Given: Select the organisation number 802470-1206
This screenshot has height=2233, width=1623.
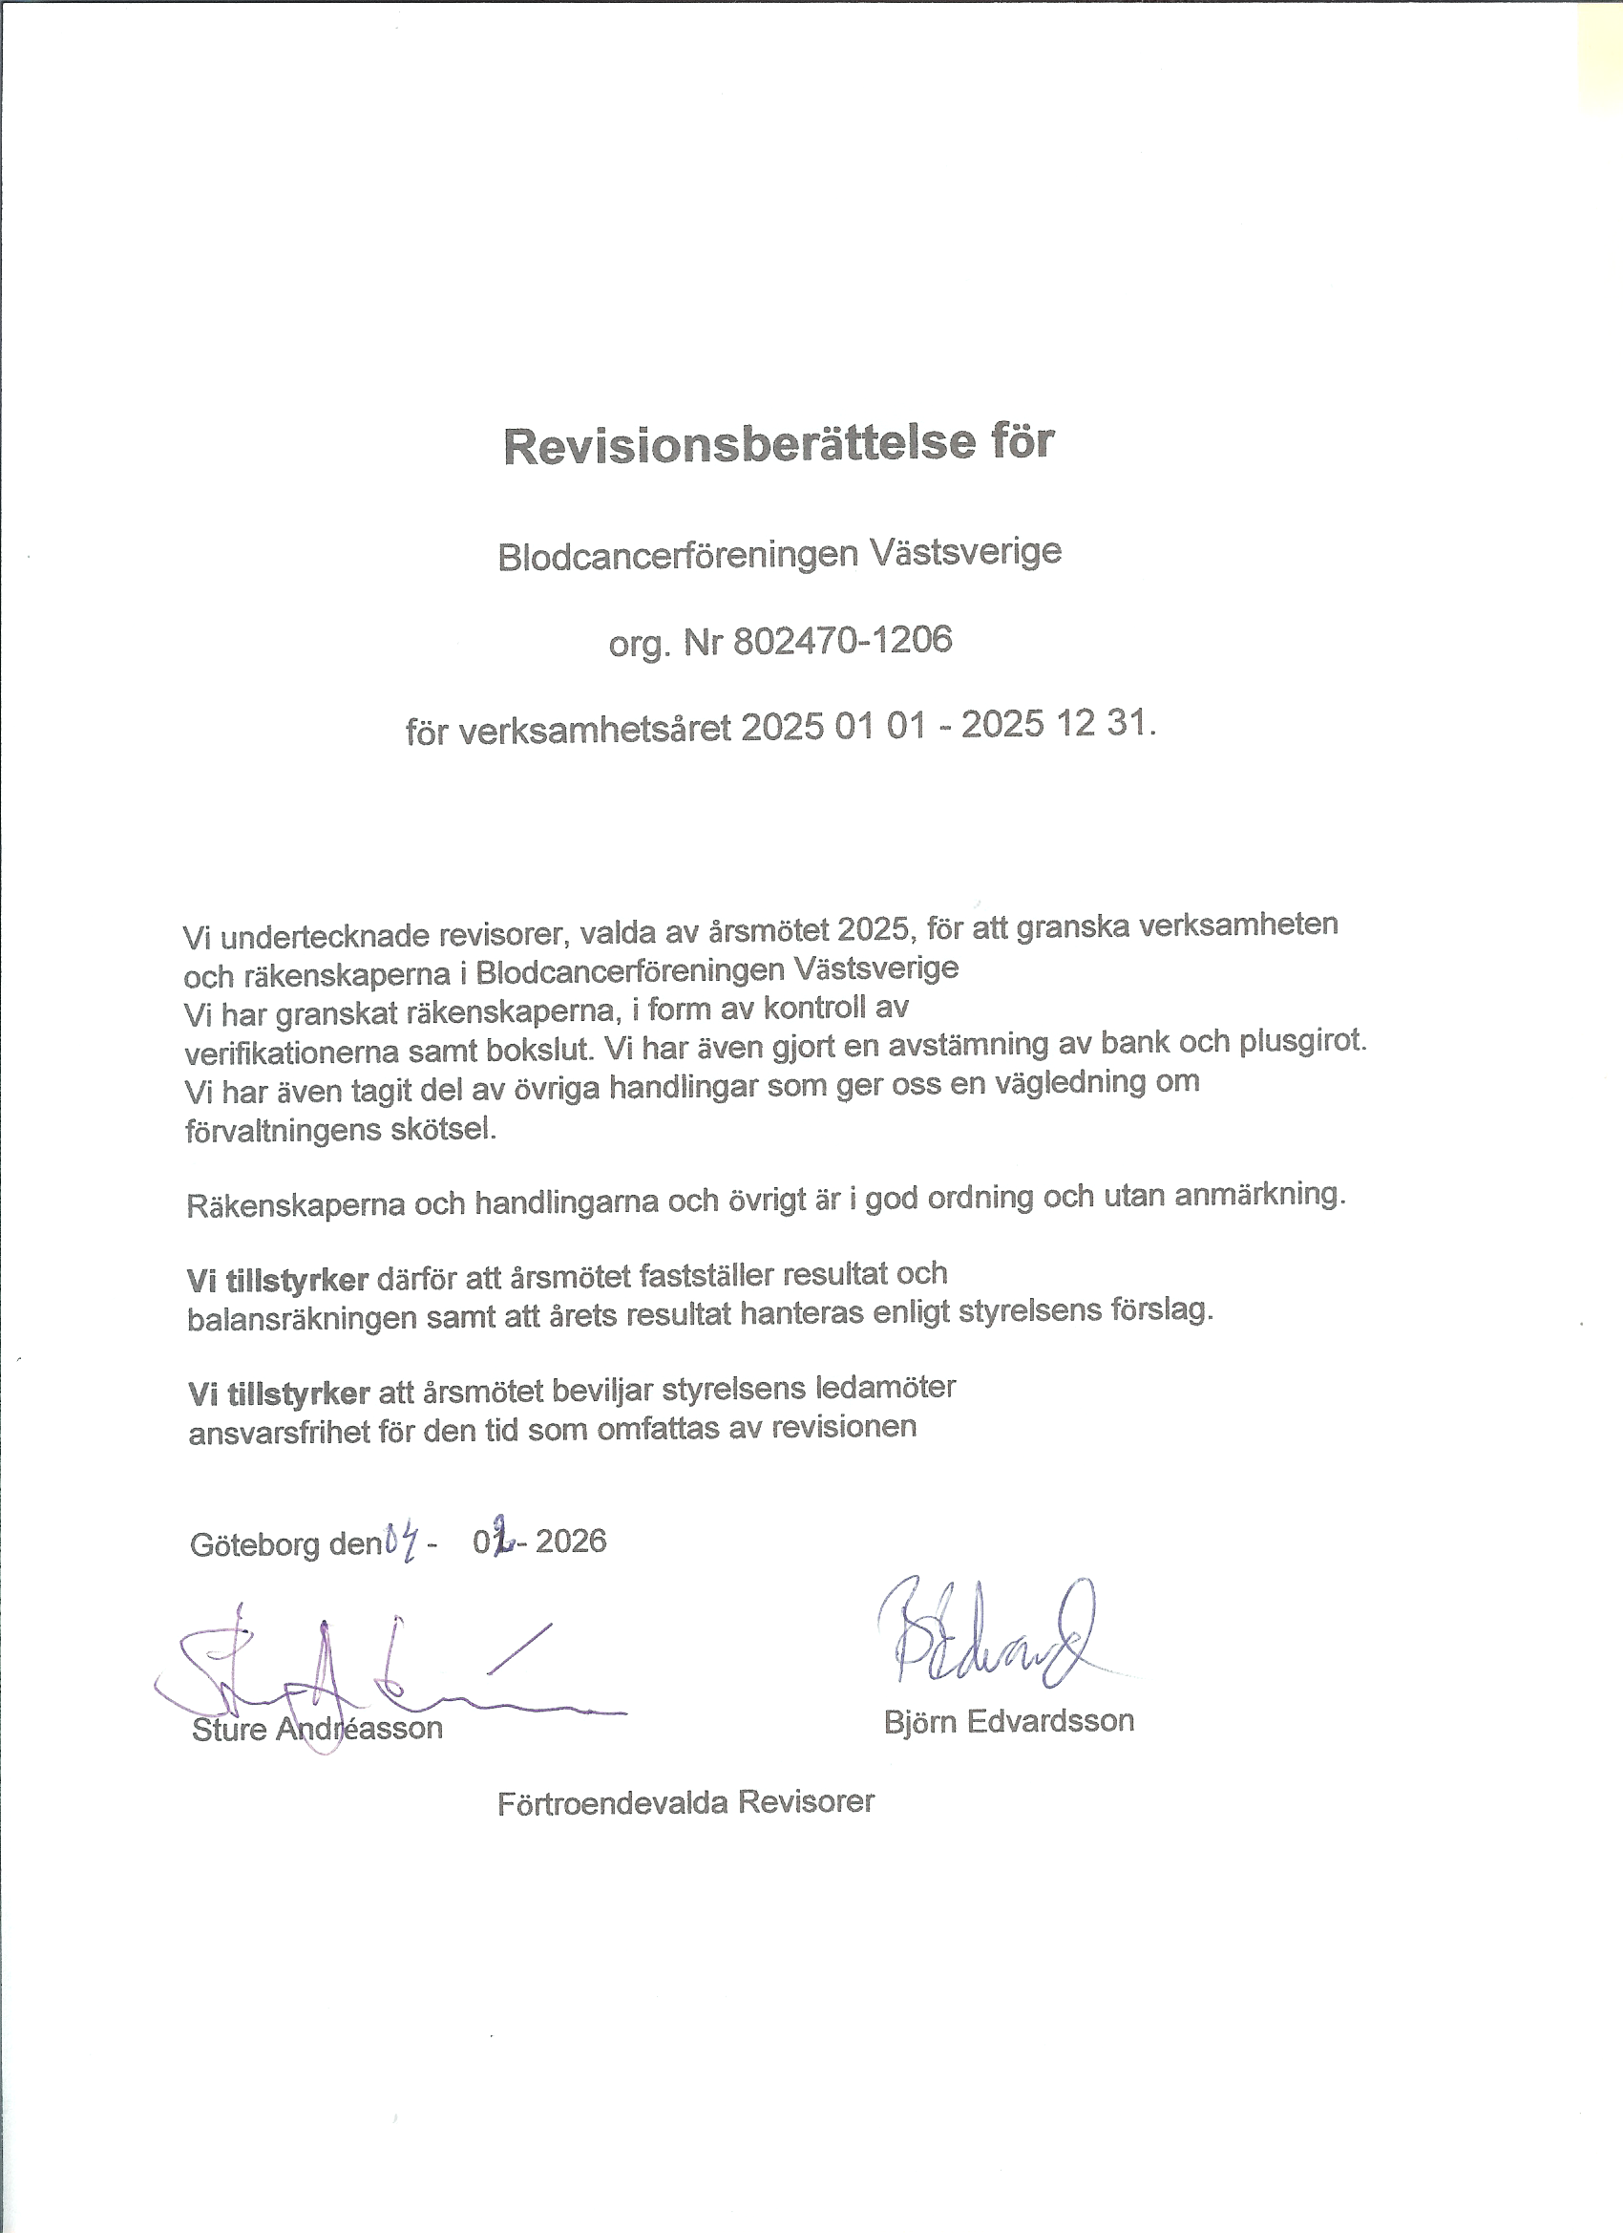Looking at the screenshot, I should tap(842, 641).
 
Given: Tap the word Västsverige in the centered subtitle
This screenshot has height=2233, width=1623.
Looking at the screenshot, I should tap(965, 551).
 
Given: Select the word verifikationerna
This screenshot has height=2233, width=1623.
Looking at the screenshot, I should tap(291, 1053).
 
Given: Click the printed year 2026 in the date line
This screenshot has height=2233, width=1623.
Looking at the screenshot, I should tap(571, 1541).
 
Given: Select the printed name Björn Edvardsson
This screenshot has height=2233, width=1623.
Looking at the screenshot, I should tap(1009, 1720).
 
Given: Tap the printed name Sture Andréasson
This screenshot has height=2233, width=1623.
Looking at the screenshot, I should tap(317, 1729).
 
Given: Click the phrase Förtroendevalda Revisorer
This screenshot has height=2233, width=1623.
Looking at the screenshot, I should tap(686, 1803).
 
